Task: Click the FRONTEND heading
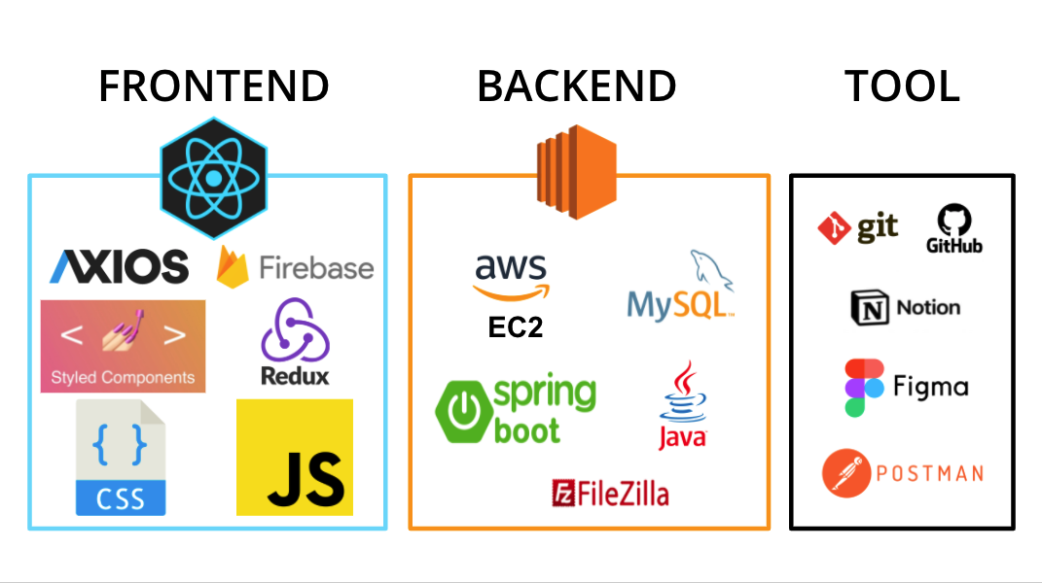tap(213, 86)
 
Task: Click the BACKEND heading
tap(576, 86)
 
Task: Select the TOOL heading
tap(902, 86)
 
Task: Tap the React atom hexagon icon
tap(213, 178)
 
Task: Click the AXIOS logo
tap(119, 266)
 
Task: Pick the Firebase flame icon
tap(231, 265)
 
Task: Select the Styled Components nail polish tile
tap(123, 346)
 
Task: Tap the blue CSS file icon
tap(121, 458)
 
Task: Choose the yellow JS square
tap(295, 457)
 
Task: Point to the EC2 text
tap(515, 327)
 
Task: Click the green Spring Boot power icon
tap(462, 410)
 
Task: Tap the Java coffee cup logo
tap(682, 405)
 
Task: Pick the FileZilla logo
tap(610, 493)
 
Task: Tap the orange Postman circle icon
tap(846, 473)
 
